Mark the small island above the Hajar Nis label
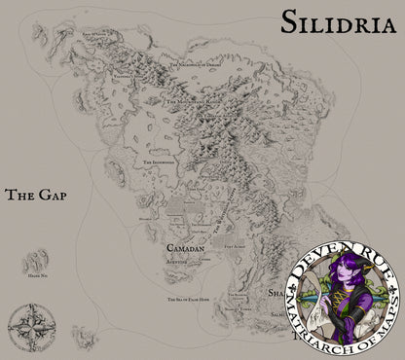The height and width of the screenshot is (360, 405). (x=40, y=261)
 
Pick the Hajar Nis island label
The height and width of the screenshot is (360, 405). (x=40, y=278)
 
